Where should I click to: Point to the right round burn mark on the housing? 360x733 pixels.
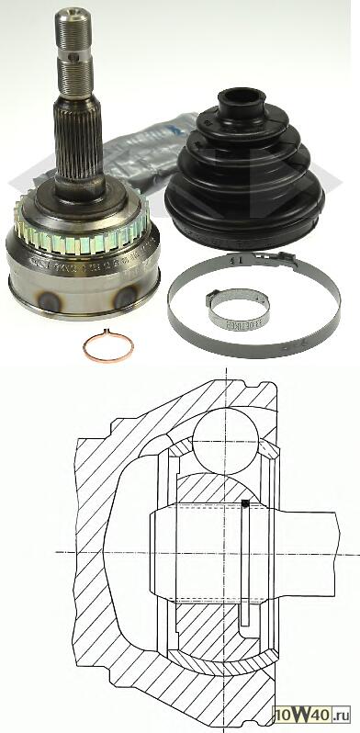(130, 297)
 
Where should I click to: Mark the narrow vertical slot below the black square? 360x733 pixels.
(244, 569)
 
